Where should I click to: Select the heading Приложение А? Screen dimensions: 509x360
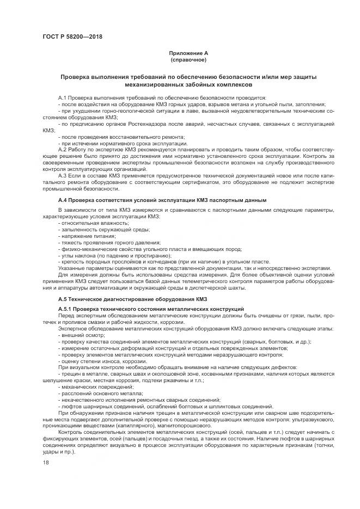[187, 53]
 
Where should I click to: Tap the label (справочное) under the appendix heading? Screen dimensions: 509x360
[187, 59]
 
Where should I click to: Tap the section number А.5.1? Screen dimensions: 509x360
[68, 309]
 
